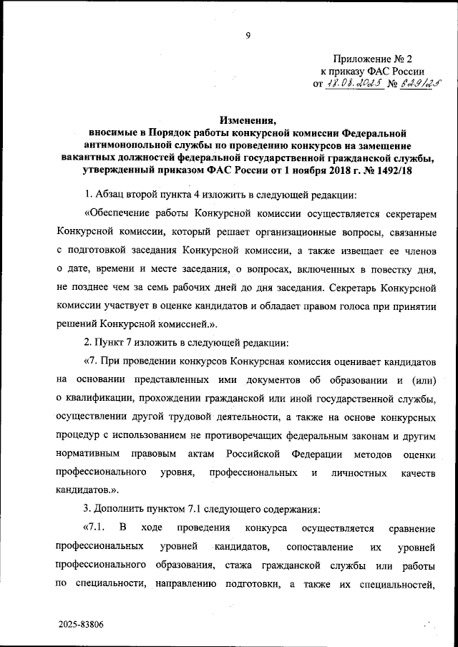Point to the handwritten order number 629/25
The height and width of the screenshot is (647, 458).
point(416,84)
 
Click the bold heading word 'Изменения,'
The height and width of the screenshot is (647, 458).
point(247,120)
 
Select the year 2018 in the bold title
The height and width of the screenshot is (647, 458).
point(328,172)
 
